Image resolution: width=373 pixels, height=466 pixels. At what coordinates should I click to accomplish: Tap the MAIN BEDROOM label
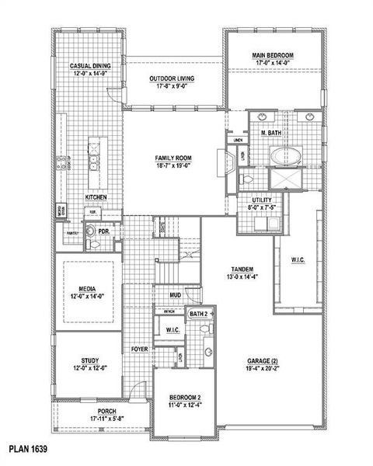coord(272,55)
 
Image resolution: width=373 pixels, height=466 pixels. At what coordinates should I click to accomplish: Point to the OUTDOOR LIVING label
coord(173,78)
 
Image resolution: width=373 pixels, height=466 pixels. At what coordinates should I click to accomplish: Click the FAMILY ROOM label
coord(173,158)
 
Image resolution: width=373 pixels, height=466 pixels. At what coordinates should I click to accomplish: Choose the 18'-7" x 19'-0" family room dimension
coord(173,165)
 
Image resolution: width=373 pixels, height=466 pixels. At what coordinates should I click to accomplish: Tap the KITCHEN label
coord(96,197)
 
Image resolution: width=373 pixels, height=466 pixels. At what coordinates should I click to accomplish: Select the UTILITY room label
coord(261,200)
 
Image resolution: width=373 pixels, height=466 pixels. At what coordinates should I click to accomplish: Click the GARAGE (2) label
coord(264,361)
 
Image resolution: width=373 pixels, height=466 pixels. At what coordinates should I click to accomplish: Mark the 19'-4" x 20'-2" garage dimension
coord(264,369)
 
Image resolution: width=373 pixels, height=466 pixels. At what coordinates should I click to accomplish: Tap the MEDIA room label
coord(87,288)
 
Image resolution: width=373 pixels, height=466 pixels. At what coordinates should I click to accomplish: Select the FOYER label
coord(140,349)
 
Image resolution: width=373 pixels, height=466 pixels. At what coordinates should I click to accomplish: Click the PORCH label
coord(107,411)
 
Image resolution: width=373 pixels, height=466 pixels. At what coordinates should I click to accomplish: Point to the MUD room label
coord(176,295)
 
